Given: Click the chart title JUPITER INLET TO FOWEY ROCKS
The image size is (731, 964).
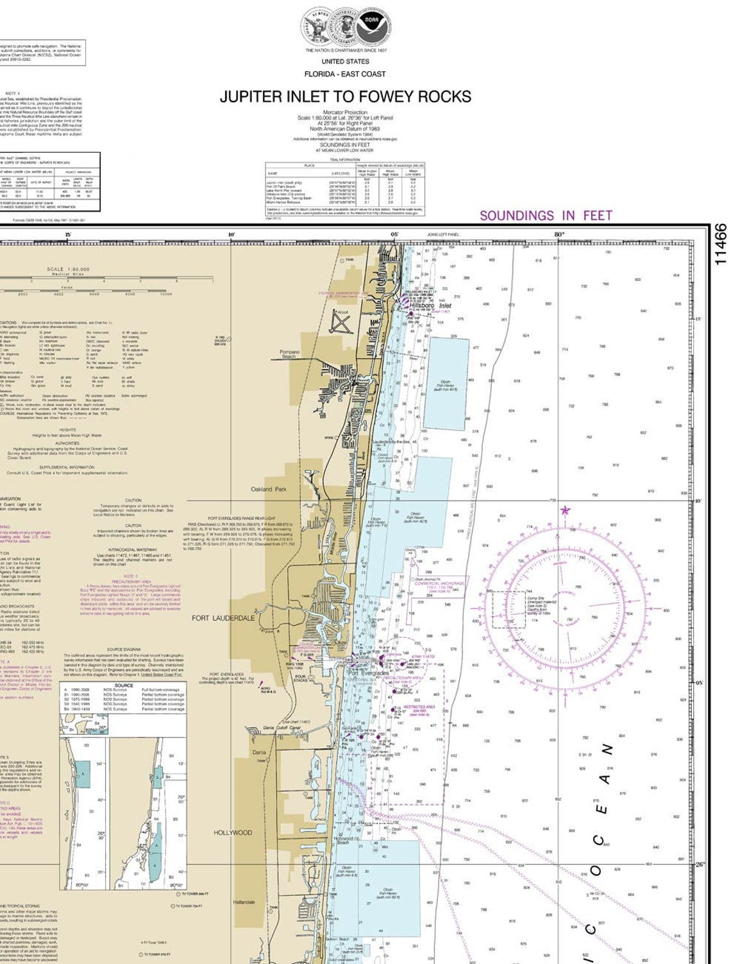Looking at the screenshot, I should pyautogui.click(x=345, y=97).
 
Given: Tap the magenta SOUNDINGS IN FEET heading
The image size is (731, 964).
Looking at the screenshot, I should pyautogui.click(x=546, y=216).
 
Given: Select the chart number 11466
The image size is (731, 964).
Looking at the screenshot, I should pyautogui.click(x=720, y=245).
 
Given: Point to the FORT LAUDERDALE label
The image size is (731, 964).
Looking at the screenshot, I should pyautogui.click(x=223, y=618).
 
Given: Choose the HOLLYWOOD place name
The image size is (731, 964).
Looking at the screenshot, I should pyautogui.click(x=233, y=832).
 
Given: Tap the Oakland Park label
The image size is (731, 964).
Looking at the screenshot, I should pyautogui.click(x=269, y=489).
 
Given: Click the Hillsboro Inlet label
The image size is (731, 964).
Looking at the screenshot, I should pyautogui.click(x=435, y=306).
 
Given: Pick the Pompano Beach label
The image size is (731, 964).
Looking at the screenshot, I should pyautogui.click(x=290, y=354).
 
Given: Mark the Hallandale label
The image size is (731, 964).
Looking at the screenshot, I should pyautogui.click(x=244, y=902).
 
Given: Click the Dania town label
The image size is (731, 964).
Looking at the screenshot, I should pyautogui.click(x=258, y=752).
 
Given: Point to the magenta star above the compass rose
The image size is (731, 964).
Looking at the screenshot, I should pyautogui.click(x=565, y=510).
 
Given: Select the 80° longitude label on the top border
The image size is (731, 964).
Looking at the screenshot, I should pyautogui.click(x=559, y=235).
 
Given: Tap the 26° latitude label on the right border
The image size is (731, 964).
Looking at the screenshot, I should pyautogui.click(x=700, y=864).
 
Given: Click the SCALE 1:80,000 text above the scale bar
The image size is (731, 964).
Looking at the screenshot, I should pyautogui.click(x=68, y=270).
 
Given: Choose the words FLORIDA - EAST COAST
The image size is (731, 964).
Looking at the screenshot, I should pyautogui.click(x=345, y=74).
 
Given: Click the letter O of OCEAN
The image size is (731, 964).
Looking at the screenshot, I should pyautogui.click(x=596, y=871).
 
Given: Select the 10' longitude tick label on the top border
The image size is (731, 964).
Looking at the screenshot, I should pyautogui.click(x=231, y=235).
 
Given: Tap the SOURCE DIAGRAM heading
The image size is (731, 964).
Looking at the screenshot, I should pyautogui.click(x=124, y=650).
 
